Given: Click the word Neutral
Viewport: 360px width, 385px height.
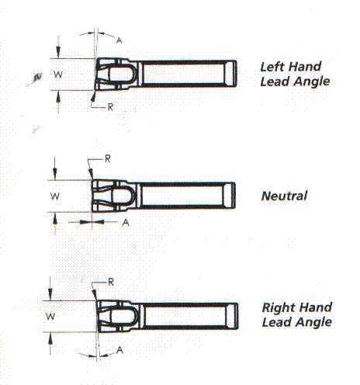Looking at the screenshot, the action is click(284, 196).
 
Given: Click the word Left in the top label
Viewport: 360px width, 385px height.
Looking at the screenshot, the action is click(271, 67).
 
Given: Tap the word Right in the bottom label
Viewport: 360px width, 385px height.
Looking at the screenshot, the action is click(278, 308).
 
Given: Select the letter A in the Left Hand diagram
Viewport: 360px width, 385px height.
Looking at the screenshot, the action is click(119, 40).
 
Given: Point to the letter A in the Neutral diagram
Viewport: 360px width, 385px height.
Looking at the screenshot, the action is click(126, 222).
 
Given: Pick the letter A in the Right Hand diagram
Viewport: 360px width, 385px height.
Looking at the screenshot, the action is click(119, 350).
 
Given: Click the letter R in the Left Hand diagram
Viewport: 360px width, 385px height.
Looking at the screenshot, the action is click(110, 107).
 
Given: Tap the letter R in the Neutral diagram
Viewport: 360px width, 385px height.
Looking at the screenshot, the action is click(108, 158).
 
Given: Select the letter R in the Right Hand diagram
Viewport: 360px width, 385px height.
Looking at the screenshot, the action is click(111, 282).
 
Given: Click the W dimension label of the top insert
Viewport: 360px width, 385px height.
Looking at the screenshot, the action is click(58, 75).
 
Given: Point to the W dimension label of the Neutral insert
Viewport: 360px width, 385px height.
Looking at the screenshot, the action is click(55, 196).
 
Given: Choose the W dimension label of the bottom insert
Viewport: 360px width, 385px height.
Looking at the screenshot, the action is click(50, 316).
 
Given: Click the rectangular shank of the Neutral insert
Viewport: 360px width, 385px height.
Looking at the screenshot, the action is click(185, 196).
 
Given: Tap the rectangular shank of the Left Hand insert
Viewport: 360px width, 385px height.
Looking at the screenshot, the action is click(187, 74).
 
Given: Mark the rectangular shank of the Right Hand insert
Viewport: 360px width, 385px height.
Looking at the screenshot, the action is click(189, 316).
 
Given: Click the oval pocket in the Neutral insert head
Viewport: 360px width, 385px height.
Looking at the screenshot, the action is click(122, 196).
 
